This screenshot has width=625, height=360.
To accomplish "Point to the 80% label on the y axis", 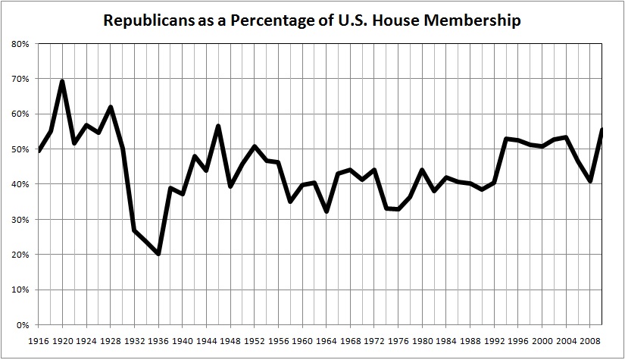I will click(x=20, y=44).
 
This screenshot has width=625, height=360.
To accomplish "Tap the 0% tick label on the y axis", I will click(x=23, y=325).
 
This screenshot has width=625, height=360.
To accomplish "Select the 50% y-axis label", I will click(x=20, y=149).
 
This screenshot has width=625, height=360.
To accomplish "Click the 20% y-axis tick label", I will click(x=20, y=255).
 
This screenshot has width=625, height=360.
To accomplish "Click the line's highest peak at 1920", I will click(x=62, y=81).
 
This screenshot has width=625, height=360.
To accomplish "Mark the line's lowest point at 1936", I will click(x=158, y=254).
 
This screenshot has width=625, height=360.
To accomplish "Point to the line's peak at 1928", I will click(x=111, y=107).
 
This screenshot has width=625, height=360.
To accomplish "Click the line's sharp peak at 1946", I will click(x=218, y=126).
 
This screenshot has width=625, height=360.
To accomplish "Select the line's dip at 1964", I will click(x=327, y=211).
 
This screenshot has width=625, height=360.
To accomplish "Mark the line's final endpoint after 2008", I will click(x=602, y=130).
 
